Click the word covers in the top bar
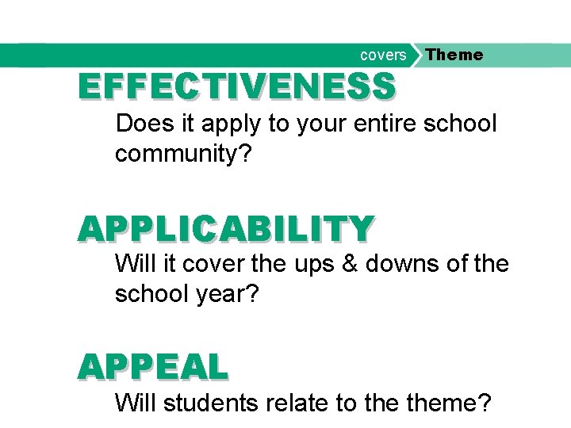pyautogui.click(x=383, y=55)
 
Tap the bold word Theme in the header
pyautogui.click(x=454, y=55)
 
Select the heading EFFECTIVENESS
pyautogui.click(x=236, y=86)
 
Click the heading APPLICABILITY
pyautogui.click(x=224, y=228)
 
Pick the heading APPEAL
pyautogui.click(x=152, y=366)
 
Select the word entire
pyautogui.click(x=380, y=124)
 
